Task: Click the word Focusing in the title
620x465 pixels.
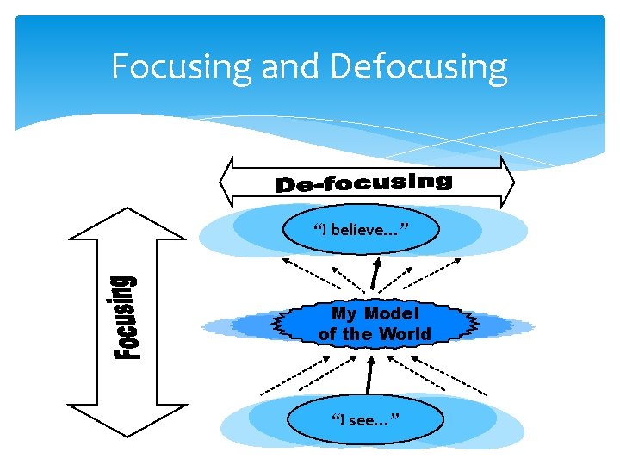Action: point(182,66)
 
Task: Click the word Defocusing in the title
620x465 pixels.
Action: point(418,66)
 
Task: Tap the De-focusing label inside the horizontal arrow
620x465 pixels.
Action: point(363,182)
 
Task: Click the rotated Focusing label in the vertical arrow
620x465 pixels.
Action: point(127,316)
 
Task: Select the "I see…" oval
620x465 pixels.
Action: point(365,419)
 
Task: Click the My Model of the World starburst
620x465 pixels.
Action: point(375,324)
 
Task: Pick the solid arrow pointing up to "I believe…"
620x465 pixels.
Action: point(374,274)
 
